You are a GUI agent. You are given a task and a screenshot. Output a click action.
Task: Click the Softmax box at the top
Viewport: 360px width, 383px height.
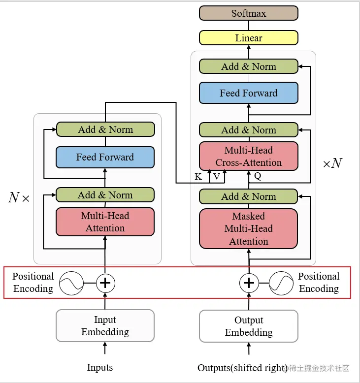(248, 13)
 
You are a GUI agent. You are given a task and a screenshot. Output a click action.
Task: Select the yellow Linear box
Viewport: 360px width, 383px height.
(248, 38)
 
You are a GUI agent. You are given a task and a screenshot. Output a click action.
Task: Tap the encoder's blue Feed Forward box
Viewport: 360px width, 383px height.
(105, 157)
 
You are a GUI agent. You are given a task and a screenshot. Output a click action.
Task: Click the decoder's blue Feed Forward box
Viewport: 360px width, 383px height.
(248, 93)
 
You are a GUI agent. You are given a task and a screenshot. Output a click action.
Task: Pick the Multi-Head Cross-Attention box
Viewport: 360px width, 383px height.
(248, 157)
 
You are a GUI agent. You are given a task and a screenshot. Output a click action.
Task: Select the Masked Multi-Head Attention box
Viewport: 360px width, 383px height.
(248, 228)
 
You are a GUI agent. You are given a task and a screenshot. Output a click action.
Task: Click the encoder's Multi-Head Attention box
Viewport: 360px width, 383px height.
(105, 222)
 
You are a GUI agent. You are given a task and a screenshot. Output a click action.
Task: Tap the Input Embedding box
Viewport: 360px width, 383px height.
(105, 326)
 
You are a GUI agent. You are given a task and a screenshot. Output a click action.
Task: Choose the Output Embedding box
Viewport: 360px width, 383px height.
(248, 326)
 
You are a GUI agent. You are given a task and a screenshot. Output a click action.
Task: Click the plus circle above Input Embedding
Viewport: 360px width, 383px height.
(105, 283)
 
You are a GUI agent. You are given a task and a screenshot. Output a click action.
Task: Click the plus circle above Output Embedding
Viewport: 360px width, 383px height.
(249, 283)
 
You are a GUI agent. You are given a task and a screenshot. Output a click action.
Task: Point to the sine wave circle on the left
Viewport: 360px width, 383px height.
(71, 283)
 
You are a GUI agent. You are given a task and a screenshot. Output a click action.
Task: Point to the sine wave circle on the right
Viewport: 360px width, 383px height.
(281, 283)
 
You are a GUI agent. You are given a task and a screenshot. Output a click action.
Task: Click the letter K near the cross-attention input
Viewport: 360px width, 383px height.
(198, 177)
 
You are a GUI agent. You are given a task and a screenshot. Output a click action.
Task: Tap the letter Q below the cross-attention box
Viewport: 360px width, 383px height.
(257, 175)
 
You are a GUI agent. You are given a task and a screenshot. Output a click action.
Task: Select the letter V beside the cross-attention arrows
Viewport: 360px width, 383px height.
(216, 177)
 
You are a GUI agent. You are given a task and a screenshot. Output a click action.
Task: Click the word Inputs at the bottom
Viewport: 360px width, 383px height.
(100, 367)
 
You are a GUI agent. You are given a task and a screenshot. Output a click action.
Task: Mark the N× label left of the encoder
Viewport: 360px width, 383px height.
(19, 198)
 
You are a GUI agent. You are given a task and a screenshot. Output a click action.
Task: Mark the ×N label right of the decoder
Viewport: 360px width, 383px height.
(332, 163)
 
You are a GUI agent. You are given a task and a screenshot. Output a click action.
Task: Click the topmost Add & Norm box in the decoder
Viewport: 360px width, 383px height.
(248, 66)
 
